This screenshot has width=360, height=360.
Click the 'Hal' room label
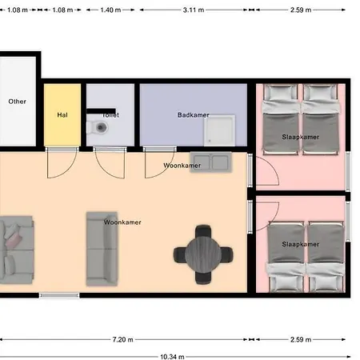62,115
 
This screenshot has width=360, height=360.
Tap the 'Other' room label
17,102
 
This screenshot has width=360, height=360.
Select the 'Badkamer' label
193,115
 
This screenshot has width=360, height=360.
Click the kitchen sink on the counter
210,163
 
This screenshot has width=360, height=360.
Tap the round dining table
204,254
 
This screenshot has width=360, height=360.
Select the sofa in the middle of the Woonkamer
102,250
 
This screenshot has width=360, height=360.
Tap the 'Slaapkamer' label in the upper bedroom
300,137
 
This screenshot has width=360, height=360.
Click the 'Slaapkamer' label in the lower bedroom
300,244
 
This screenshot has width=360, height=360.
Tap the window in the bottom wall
54,296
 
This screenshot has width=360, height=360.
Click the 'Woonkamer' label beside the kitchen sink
182,166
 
